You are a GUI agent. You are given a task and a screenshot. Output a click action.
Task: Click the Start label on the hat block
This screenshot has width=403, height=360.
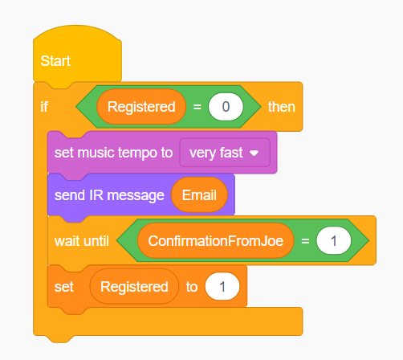tap(55, 61)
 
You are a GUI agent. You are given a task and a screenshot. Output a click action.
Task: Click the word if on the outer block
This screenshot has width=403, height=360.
tap(44, 107)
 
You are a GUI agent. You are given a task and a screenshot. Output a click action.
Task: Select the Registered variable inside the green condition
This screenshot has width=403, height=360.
tap(141, 107)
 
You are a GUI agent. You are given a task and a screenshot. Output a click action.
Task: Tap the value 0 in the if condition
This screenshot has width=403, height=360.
tap(226, 107)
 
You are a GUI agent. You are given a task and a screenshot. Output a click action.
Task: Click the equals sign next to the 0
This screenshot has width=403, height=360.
tap(197, 107)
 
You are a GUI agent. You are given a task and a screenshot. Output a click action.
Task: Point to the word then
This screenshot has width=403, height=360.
tap(282, 107)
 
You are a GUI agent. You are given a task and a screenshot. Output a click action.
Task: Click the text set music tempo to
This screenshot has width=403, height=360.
tap(113, 153)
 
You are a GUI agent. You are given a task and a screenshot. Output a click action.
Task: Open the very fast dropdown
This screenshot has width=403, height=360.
tap(225, 153)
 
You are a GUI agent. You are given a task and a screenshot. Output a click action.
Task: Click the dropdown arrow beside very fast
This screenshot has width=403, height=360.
tap(254, 153)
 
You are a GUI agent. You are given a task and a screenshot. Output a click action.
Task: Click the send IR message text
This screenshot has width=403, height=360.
tap(109, 195)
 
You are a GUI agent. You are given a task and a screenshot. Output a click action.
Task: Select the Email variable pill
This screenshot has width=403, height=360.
tap(199, 195)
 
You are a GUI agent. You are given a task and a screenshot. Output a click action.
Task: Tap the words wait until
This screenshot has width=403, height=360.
tap(82, 241)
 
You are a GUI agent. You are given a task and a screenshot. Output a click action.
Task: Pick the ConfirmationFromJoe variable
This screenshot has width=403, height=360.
tap(216, 240)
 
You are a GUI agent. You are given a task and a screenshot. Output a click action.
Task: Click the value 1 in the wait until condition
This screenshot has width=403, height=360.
tap(333, 240)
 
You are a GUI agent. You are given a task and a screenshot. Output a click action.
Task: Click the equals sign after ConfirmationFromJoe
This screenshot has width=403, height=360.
tap(305, 241)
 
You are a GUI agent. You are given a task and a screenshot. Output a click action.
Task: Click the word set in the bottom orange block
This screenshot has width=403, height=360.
tap(63, 287)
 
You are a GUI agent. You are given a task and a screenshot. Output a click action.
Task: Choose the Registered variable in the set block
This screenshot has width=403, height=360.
tap(134, 287)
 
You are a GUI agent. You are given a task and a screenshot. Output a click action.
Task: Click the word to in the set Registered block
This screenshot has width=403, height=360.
tap(192, 287)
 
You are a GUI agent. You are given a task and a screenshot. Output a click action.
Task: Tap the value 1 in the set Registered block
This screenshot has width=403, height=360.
tap(222, 287)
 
